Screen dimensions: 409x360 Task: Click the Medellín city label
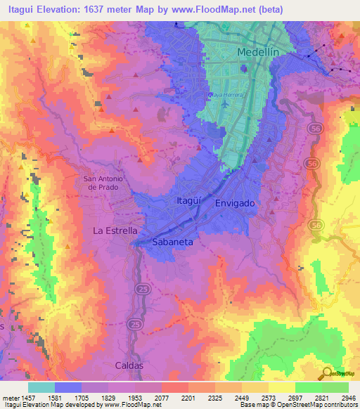tap(259, 52)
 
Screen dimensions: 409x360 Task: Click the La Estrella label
tap(115, 230)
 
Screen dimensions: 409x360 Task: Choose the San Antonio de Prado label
tap(103, 183)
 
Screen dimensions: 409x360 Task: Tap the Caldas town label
tap(129, 365)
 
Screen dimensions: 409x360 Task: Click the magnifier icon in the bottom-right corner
tap(327, 372)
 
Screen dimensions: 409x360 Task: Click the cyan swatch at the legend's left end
tap(41, 387)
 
